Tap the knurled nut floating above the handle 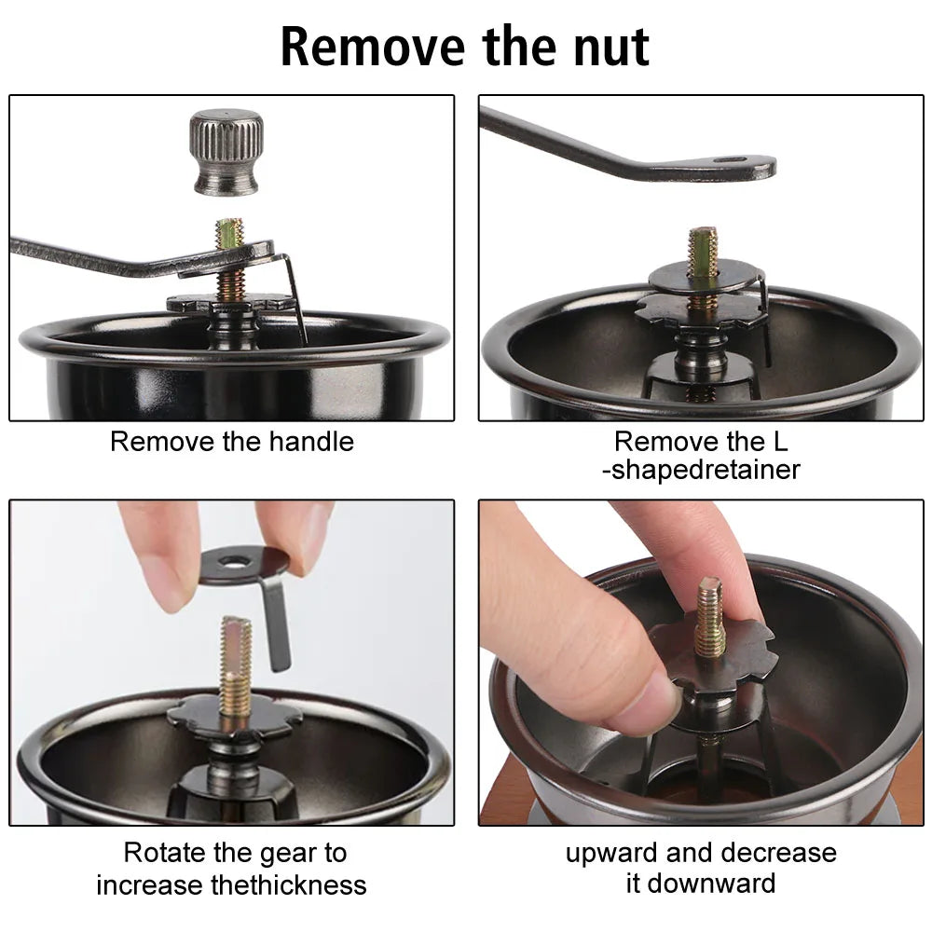click(226, 152)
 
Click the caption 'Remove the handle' click(232, 441)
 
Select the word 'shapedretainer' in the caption click(706, 470)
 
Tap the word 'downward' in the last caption click(728, 884)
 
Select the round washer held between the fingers click(244, 565)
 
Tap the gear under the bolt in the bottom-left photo click(234, 719)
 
